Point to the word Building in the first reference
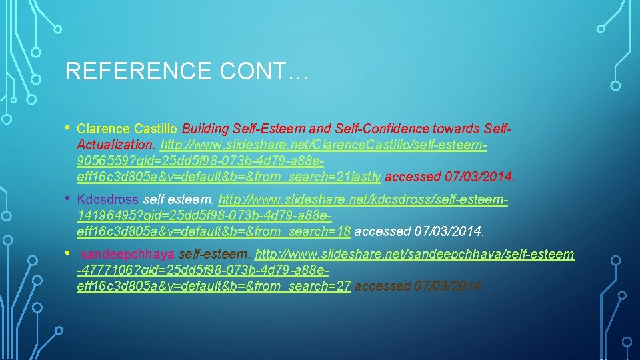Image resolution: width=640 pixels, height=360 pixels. tap(205, 128)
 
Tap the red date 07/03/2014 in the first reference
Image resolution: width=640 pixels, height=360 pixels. tap(479, 177)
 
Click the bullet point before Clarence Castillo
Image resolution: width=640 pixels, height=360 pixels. tap(69, 127)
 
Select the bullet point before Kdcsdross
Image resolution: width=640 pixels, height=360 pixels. tap(69, 198)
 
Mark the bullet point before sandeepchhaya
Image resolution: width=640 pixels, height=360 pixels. tap(69, 253)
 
